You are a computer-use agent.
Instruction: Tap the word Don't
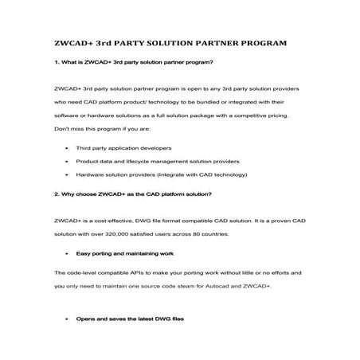tap(62, 129)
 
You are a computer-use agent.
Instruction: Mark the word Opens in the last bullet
tap(87, 318)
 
